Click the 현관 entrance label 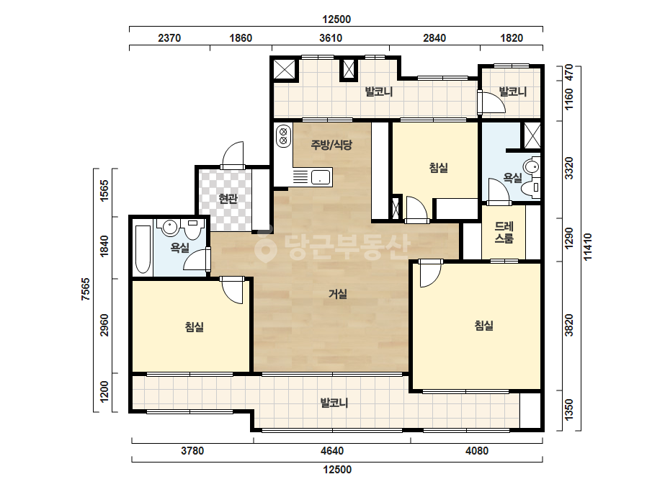[x=228, y=198]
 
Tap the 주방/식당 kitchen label [x=331, y=145]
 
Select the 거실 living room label [x=338, y=293]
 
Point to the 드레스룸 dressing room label [x=504, y=233]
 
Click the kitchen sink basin [x=321, y=177]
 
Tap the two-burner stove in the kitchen [x=283, y=135]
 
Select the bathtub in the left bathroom [x=143, y=249]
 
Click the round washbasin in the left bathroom [x=169, y=227]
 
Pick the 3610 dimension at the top [x=331, y=38]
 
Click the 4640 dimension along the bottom [x=332, y=450]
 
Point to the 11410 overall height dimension [x=588, y=247]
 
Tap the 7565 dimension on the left [x=86, y=290]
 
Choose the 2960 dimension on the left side [x=104, y=326]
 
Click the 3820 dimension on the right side [x=569, y=325]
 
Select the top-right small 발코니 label [x=512, y=91]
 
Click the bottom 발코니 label [x=334, y=402]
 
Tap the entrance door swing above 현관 [x=233, y=155]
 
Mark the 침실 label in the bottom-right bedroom [x=484, y=326]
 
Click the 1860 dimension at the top [x=241, y=38]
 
